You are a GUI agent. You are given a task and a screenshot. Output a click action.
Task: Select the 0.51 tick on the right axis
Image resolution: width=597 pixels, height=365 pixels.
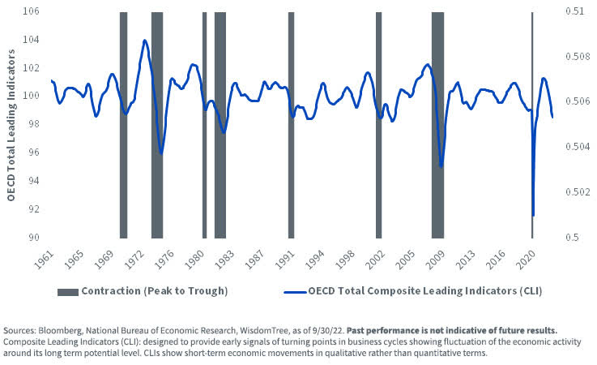tap(574, 12)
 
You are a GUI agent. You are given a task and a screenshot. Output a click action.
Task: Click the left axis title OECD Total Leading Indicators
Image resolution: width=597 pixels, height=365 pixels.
tap(11, 124)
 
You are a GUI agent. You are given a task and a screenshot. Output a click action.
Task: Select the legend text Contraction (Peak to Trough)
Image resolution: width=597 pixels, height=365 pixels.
tap(154, 290)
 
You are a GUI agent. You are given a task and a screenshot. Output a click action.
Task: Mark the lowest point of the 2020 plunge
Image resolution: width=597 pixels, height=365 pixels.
tap(533, 216)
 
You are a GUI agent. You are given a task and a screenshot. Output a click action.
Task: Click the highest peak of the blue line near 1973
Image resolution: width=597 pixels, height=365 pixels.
tap(144, 40)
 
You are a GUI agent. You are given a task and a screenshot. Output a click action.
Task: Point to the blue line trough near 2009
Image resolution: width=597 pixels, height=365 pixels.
tap(441, 167)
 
